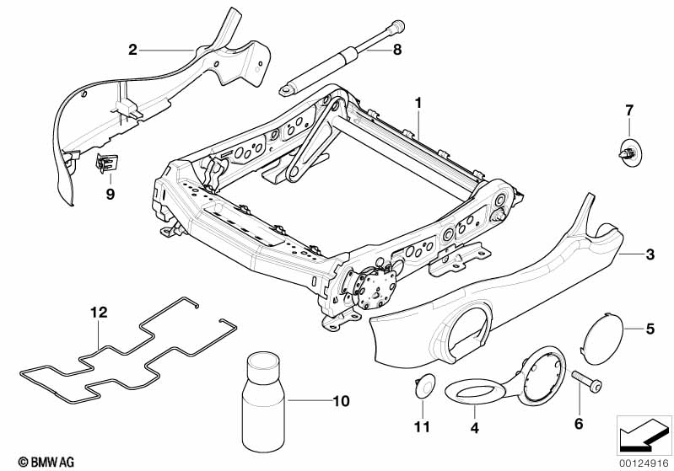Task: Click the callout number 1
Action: (418, 103)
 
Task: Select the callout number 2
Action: (132, 50)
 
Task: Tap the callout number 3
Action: (650, 254)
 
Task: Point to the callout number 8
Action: (396, 50)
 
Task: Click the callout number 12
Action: (99, 312)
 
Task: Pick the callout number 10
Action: (342, 401)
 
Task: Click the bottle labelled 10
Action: (263, 401)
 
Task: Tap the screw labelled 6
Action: (586, 381)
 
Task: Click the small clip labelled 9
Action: (106, 163)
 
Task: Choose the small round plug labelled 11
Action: (423, 384)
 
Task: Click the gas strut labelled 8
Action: (342, 58)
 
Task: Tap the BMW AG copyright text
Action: (46, 462)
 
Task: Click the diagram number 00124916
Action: (644, 463)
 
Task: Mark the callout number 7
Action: (629, 110)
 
